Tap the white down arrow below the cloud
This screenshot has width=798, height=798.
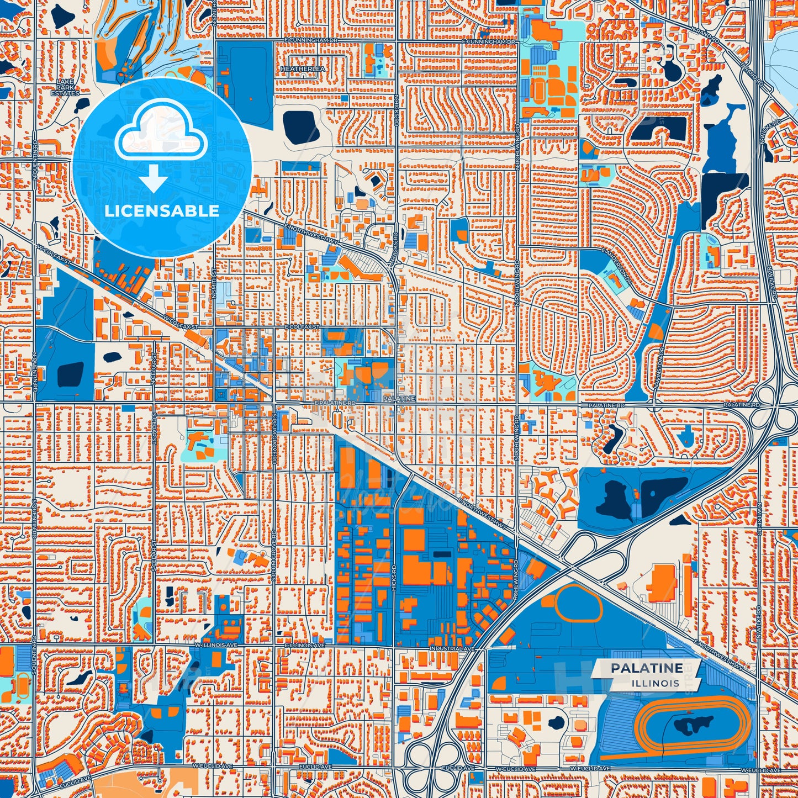coord(154,179)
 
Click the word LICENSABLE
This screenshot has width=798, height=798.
coord(162,211)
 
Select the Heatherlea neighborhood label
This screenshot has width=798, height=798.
coord(303,69)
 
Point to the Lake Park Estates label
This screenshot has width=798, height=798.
coord(65,88)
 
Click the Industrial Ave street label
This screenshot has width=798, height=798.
coord(452,648)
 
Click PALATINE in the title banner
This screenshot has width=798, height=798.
coord(646,668)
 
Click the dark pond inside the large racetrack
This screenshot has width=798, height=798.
coord(694,723)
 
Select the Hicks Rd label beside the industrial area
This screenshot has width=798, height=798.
coord(394,579)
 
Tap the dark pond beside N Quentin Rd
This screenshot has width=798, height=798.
coord(70,374)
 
